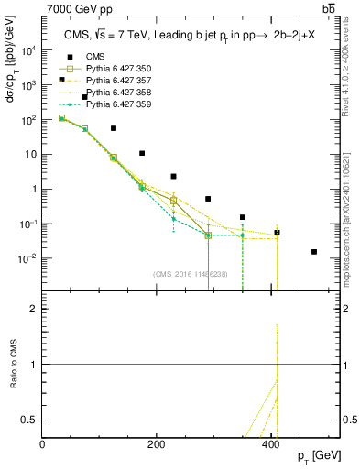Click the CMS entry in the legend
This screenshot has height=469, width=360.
[83, 57]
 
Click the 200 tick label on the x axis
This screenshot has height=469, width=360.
[157, 444]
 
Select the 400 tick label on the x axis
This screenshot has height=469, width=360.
[270, 444]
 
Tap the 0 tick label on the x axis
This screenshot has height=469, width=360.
[43, 444]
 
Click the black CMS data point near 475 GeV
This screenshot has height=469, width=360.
[314, 252]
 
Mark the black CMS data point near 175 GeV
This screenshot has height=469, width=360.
[142, 154]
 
